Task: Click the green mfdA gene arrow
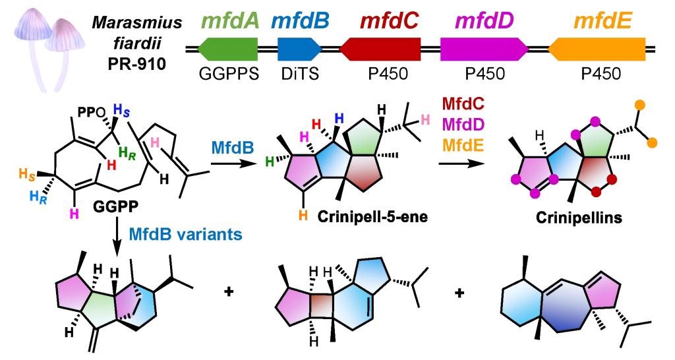227,49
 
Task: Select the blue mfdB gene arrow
300,49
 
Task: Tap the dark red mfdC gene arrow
380,49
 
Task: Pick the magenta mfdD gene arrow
484,49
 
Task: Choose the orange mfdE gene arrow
597,49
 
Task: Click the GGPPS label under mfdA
229,74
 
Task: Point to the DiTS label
300,74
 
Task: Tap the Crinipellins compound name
579,218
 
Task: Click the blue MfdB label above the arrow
232,148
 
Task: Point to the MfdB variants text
185,234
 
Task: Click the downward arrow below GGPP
117,233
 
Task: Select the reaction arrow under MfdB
233,164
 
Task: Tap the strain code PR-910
137,64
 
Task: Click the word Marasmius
137,23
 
